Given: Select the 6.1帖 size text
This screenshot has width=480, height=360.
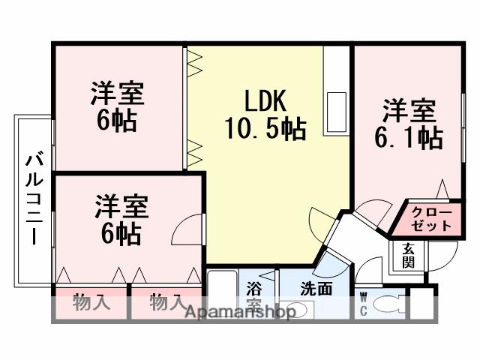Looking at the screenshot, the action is [x=409, y=138].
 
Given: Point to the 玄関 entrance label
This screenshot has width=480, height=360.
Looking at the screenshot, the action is [x=408, y=255].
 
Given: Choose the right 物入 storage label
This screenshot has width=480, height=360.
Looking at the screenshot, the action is [x=166, y=304].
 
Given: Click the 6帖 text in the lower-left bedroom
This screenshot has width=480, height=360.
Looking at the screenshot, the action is [x=120, y=234].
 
